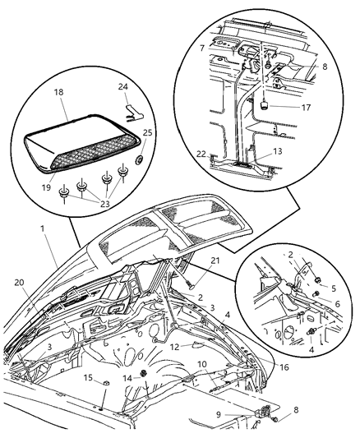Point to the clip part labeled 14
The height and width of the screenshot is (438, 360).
(143, 376)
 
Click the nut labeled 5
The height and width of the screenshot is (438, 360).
(316, 287)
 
